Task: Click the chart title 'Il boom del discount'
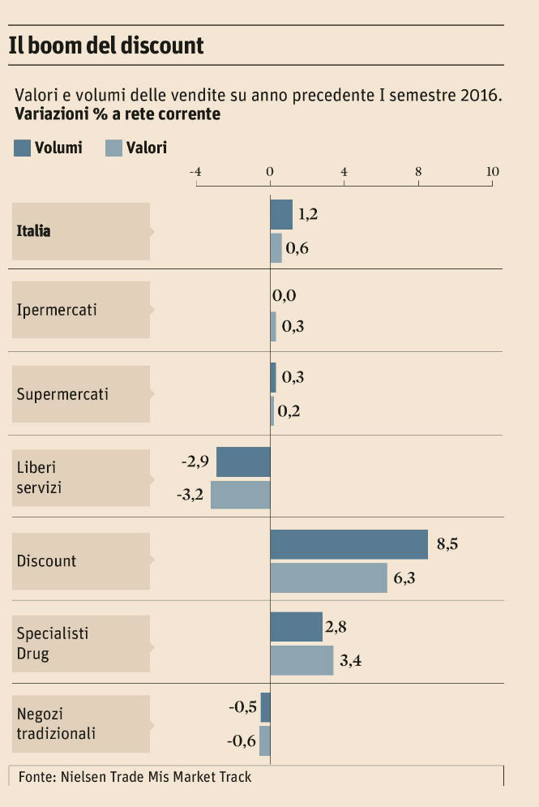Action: [x=106, y=45]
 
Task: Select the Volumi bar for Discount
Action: [x=349, y=544]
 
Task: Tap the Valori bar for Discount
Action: [x=328, y=577]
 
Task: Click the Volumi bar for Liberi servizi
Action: [x=243, y=461]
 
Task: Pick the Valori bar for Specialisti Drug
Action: [x=302, y=660]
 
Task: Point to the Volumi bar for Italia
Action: [x=281, y=215]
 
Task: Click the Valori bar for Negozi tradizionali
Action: [x=265, y=740]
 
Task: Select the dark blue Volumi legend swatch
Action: [x=23, y=148]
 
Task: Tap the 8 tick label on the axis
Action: [x=418, y=172]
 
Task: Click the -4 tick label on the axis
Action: [x=195, y=172]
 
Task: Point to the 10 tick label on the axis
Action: [x=492, y=172]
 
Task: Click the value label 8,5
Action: [x=447, y=544]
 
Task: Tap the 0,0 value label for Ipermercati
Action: [x=284, y=296]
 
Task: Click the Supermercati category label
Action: [x=62, y=395]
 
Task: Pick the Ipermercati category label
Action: [x=57, y=311]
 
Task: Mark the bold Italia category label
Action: [x=34, y=231]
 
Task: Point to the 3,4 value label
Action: [x=350, y=660]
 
